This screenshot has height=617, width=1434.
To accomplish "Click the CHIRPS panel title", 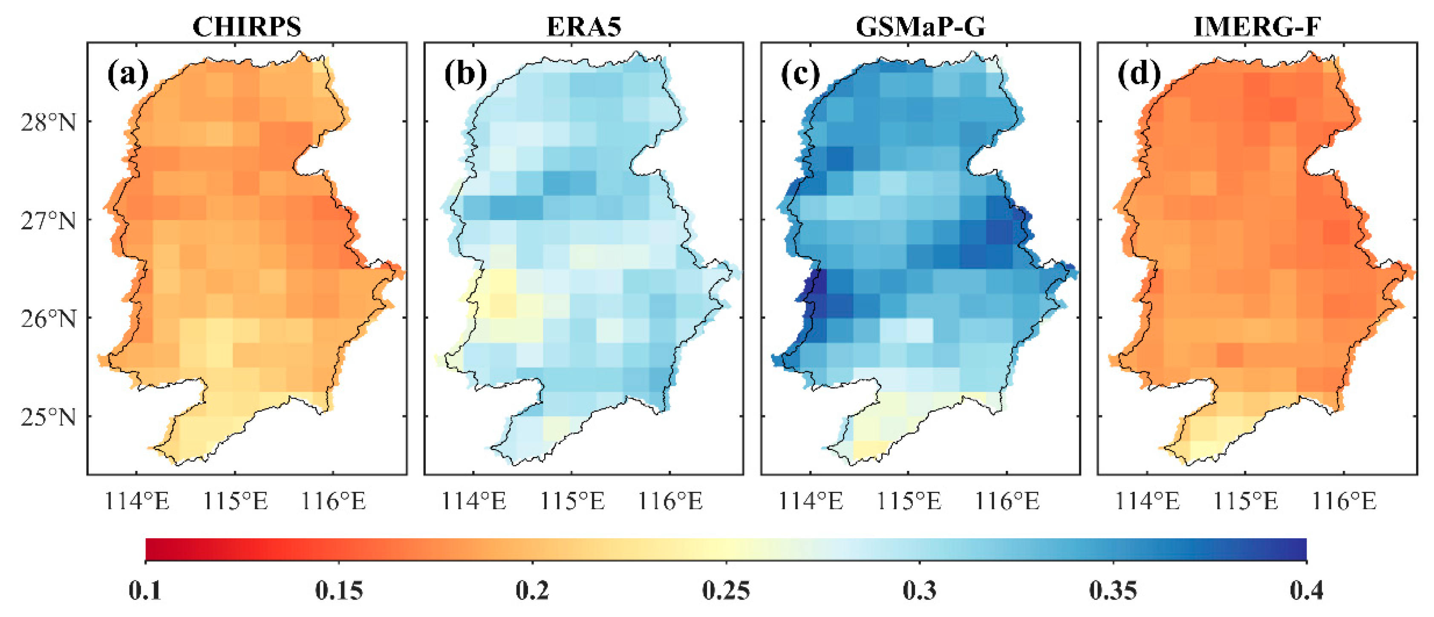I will point(247,26).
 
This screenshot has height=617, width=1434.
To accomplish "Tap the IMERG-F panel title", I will point(1257,26).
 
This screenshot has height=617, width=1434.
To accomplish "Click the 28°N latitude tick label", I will point(49,122).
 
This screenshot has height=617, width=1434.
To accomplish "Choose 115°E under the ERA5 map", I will point(572,501).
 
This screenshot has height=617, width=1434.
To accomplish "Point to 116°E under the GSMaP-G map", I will point(1007,501).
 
